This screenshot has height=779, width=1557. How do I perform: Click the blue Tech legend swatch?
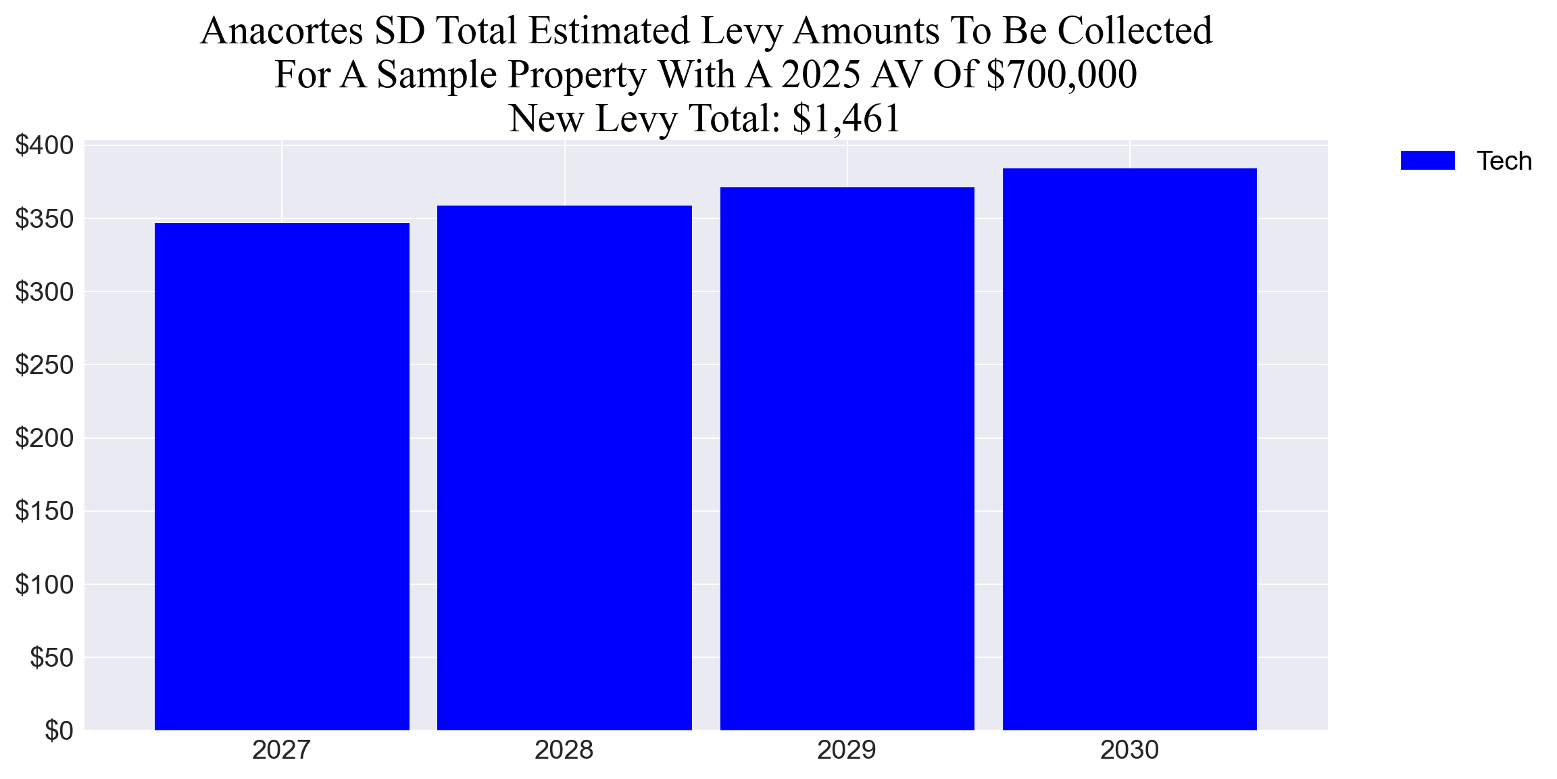point(1427,161)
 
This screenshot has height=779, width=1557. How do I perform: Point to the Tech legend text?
point(1504,161)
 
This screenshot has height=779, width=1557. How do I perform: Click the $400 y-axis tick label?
point(45,145)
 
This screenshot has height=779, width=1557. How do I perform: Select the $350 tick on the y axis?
point(45,219)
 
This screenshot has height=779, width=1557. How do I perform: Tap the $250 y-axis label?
point(45,365)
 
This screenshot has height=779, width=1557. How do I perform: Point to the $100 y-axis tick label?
point(45,584)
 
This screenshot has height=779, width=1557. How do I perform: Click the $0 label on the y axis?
point(59,730)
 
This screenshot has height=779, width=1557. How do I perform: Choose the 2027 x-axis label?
point(281,750)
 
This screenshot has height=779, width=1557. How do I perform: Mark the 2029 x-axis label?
point(847,750)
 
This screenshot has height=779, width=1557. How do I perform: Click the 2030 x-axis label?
point(1129,750)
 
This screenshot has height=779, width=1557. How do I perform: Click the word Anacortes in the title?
point(282,31)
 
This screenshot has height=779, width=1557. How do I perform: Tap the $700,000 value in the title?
point(1062,74)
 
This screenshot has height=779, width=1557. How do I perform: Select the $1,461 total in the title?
point(847,118)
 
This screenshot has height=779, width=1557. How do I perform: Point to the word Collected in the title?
point(1135,31)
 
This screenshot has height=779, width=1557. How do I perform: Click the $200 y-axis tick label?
point(45,438)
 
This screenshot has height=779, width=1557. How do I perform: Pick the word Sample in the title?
point(439,74)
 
